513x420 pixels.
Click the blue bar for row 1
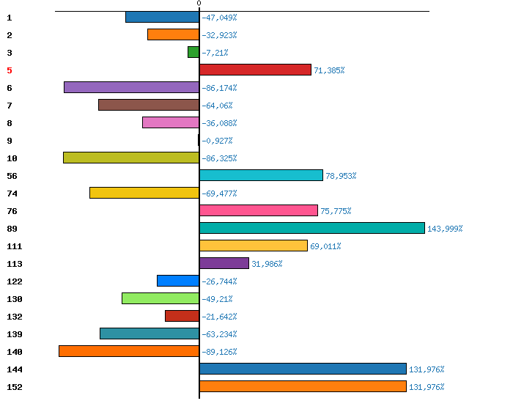(x=162, y=17)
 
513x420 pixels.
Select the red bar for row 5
(x=255, y=70)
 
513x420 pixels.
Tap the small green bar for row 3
(x=193, y=52)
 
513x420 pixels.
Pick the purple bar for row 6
(x=131, y=87)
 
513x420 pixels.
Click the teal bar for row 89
(x=312, y=228)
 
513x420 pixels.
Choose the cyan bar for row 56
(x=261, y=175)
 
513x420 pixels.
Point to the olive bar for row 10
(x=131, y=158)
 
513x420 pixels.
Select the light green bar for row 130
(x=160, y=298)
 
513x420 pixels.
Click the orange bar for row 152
(x=303, y=386)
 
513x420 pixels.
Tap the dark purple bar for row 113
(x=224, y=263)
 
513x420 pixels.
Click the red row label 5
(x=10, y=70)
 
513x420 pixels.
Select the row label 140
(x=15, y=352)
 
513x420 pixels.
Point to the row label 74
(x=12, y=194)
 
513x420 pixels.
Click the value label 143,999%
(x=445, y=229)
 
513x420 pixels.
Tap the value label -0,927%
(x=217, y=141)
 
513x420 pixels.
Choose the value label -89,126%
(x=219, y=352)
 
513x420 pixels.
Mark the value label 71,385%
(x=329, y=70)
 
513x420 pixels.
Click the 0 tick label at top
(x=199, y=3)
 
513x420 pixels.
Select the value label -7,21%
(x=215, y=53)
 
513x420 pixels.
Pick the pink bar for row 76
(x=259, y=210)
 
